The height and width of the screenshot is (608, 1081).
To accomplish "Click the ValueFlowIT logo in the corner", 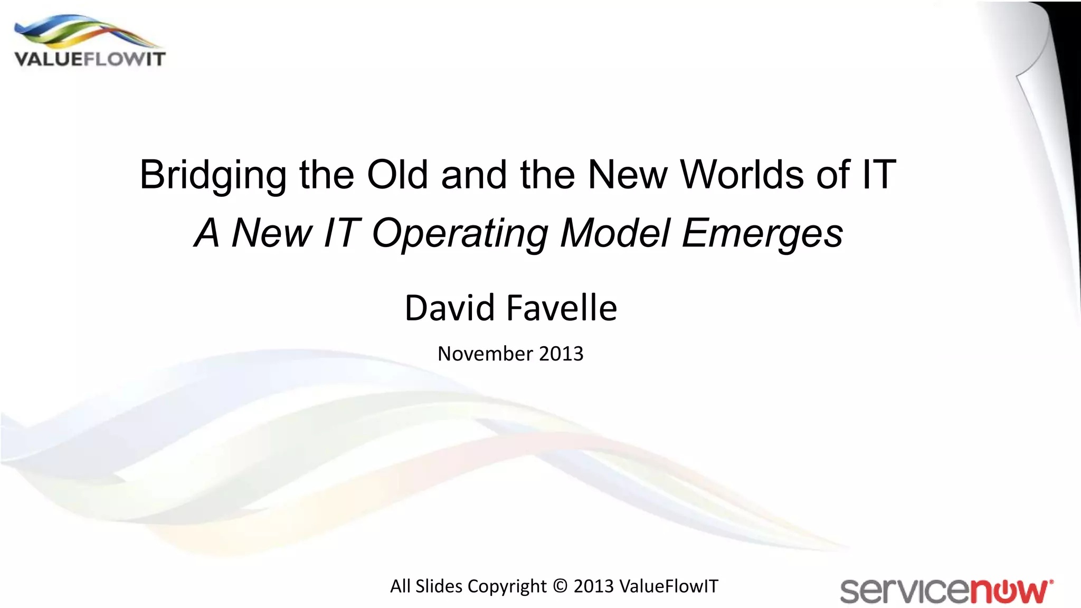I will click(x=90, y=42).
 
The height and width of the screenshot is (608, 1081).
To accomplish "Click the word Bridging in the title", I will click(x=213, y=175).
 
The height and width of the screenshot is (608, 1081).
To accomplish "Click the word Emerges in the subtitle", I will click(x=762, y=233).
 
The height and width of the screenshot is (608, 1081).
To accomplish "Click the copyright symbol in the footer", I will click(x=560, y=586).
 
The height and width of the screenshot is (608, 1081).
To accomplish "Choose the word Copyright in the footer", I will click(x=507, y=586).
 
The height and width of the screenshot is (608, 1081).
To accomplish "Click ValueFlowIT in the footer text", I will click(x=668, y=586).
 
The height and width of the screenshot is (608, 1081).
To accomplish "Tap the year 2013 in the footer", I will click(x=593, y=586).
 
